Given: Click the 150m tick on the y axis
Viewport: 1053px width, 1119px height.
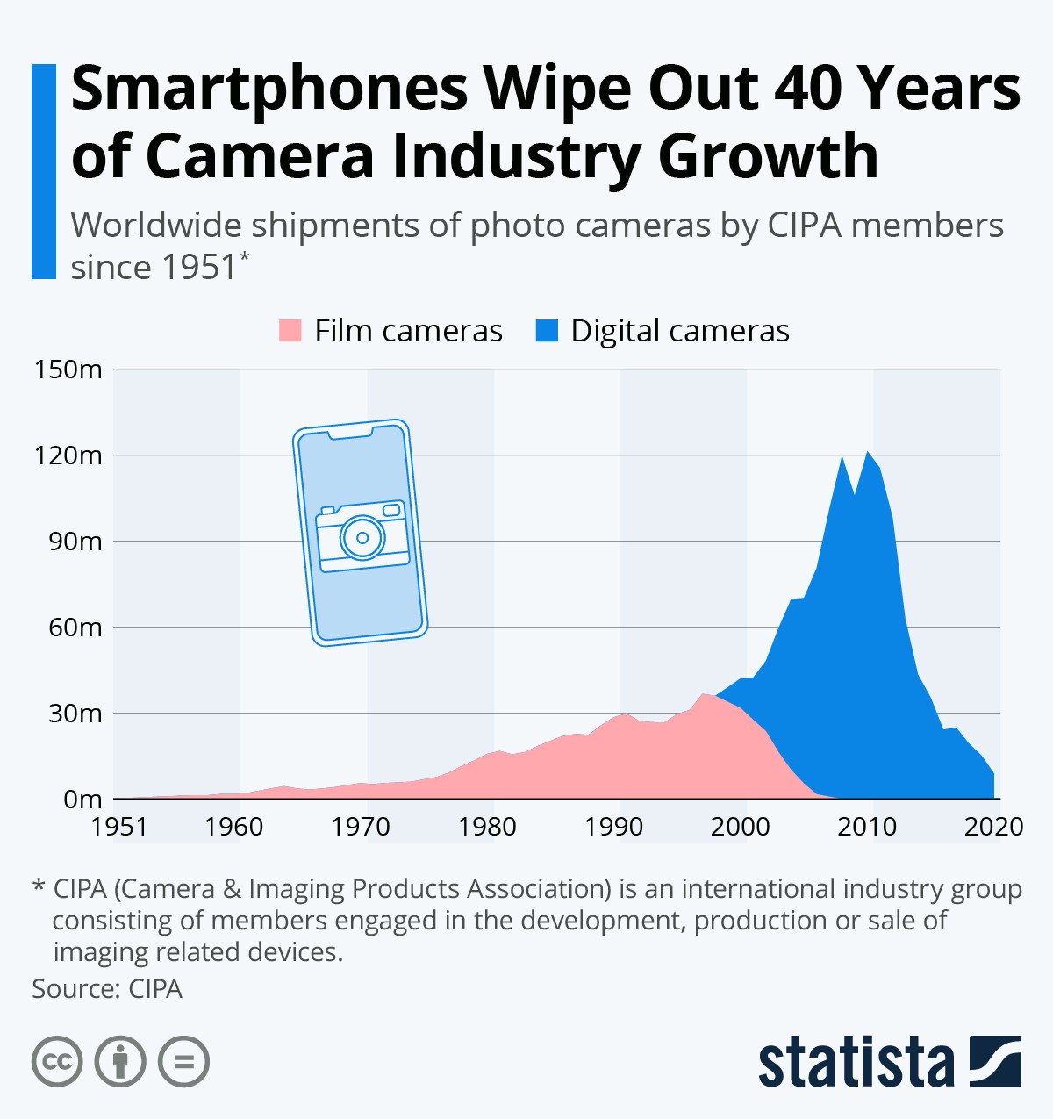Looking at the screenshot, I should pos(68,369).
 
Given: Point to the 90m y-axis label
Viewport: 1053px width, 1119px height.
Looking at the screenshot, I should pos(75,542).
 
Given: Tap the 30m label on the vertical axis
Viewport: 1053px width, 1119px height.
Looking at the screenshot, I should pos(75,714).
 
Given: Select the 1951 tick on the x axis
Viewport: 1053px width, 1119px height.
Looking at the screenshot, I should pos(119,827).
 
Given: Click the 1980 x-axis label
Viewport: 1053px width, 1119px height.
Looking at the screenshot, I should pos(487,827).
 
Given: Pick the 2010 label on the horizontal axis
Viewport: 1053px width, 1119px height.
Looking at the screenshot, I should pos(867,827).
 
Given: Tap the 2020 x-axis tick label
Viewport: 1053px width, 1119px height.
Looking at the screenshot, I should pos(993,827).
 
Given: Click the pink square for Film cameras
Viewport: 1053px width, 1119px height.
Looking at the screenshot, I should pos(290,331).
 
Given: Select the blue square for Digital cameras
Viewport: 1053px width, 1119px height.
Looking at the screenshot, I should pos(547,331).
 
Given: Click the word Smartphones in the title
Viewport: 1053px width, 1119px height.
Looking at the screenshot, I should pos(269,90).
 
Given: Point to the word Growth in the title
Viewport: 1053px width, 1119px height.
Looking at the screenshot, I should pos(768,157).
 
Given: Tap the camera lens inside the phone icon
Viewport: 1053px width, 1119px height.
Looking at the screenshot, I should pos(362,537).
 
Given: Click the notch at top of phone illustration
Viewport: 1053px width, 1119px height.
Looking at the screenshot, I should pos(350,433).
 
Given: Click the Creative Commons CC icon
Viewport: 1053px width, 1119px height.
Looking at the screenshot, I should pos(57,1061).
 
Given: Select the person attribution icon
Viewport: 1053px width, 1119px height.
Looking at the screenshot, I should pos(120,1061).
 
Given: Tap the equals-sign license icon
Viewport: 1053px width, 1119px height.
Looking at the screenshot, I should pos(183,1061).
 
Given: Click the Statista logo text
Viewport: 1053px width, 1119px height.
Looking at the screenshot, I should pos(856,1062).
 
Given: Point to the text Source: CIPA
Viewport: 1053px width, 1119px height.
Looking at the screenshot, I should pos(107,989).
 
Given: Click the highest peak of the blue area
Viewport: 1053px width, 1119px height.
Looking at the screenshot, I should pos(867,453).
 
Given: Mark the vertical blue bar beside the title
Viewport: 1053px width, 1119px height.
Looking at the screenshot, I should pos(44,171).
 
